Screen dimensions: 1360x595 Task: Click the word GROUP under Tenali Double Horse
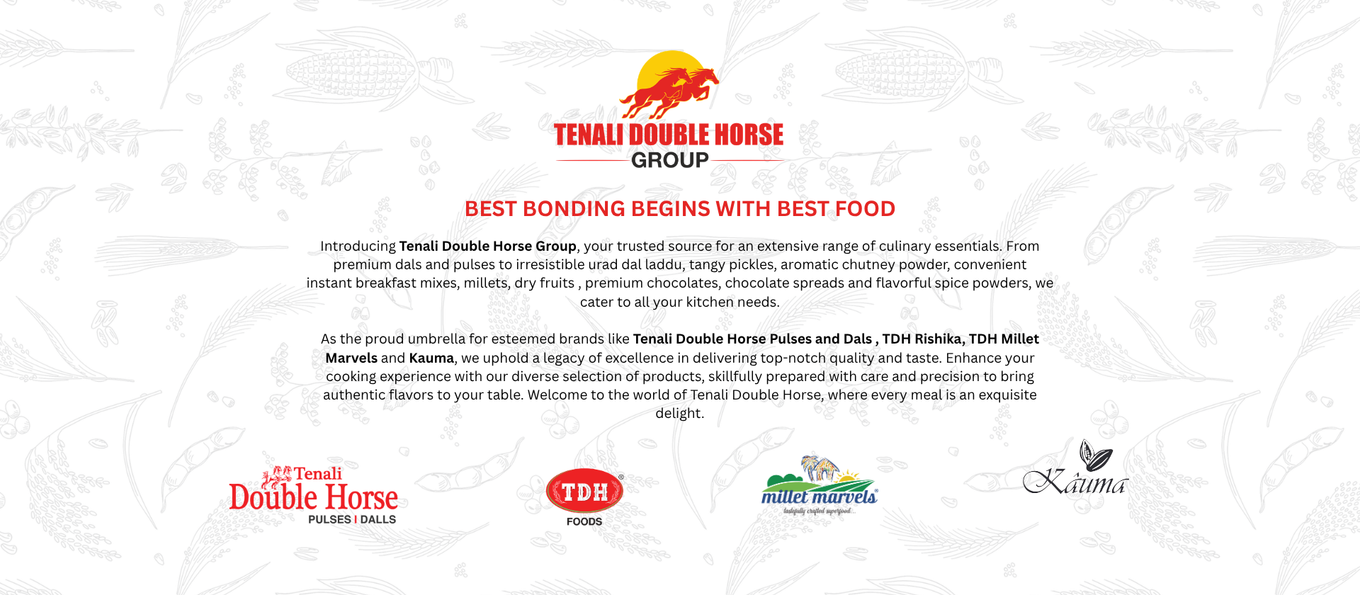click(669, 160)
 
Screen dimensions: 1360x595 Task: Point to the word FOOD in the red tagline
click(865, 209)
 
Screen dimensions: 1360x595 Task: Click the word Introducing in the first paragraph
click(358, 246)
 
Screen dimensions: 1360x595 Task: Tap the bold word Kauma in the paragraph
click(431, 358)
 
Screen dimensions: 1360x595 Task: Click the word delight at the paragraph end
click(679, 414)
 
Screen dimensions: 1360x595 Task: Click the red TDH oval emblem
click(584, 491)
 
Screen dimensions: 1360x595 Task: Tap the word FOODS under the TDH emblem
click(584, 521)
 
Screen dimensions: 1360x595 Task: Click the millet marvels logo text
click(819, 497)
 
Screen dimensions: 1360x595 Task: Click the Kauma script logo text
click(1075, 482)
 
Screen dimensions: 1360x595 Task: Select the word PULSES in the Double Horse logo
click(329, 519)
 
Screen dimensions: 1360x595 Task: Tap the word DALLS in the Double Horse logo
click(378, 519)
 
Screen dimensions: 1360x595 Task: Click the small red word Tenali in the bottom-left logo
click(317, 473)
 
